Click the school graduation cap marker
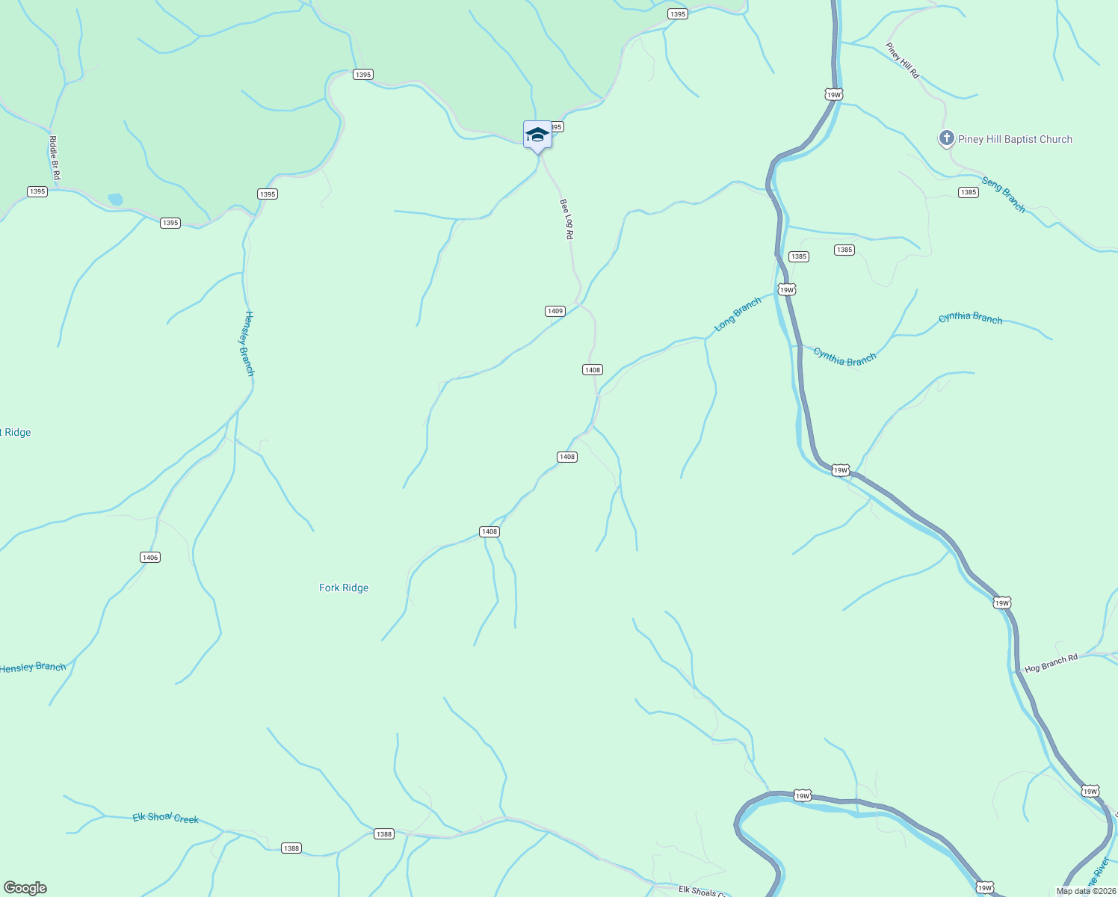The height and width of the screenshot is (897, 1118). (537, 135)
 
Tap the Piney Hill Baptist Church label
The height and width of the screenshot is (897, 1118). (1015, 139)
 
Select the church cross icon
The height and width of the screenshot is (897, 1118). (947, 138)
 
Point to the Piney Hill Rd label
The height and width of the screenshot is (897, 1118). (903, 61)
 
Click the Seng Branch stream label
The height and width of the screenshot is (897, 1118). (1004, 194)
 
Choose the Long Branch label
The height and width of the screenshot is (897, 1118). (738, 314)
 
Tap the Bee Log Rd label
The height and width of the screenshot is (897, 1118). (566, 219)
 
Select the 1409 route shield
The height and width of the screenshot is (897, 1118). (555, 311)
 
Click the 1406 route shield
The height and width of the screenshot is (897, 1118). (150, 558)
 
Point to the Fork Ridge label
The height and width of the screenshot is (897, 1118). (344, 588)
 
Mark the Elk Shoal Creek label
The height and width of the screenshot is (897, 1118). (166, 818)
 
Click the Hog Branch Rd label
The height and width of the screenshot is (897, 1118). (1051, 663)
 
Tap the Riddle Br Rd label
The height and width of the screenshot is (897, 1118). (54, 157)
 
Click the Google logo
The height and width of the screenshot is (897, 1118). (25, 888)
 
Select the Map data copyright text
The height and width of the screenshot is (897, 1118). (1085, 891)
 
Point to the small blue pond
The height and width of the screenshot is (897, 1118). (115, 200)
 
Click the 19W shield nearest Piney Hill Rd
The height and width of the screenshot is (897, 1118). (834, 94)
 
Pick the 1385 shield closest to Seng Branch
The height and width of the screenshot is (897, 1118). (969, 192)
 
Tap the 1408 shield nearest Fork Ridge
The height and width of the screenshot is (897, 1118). (489, 531)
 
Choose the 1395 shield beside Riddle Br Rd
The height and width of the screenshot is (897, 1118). (37, 191)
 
